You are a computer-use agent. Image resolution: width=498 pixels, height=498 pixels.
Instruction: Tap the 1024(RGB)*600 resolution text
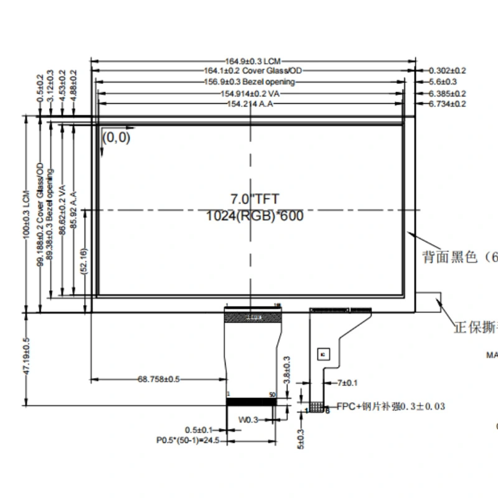point(255,217)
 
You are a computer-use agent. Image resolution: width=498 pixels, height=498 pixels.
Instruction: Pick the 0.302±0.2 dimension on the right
point(448,71)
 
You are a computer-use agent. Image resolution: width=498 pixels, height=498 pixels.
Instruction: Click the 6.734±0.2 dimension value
point(448,104)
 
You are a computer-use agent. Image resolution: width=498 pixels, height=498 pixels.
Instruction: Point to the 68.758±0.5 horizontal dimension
point(158,378)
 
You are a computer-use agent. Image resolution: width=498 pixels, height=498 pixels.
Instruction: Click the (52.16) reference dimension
point(85,261)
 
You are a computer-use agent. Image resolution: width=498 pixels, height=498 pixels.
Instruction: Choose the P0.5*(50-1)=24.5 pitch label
point(185,439)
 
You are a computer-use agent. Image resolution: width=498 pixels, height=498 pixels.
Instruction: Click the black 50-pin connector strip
point(251,402)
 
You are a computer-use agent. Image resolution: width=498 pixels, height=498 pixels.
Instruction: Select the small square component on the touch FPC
point(323,354)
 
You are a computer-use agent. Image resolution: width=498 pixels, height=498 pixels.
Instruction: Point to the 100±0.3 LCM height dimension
point(26,214)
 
